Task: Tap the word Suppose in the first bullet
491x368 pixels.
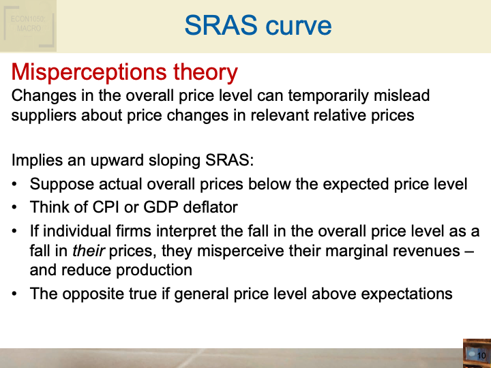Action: [x=60, y=184]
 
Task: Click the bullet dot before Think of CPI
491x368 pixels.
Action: [x=16, y=207]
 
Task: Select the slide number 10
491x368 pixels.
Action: [x=480, y=356]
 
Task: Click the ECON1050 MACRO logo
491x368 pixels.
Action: [x=28, y=25]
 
